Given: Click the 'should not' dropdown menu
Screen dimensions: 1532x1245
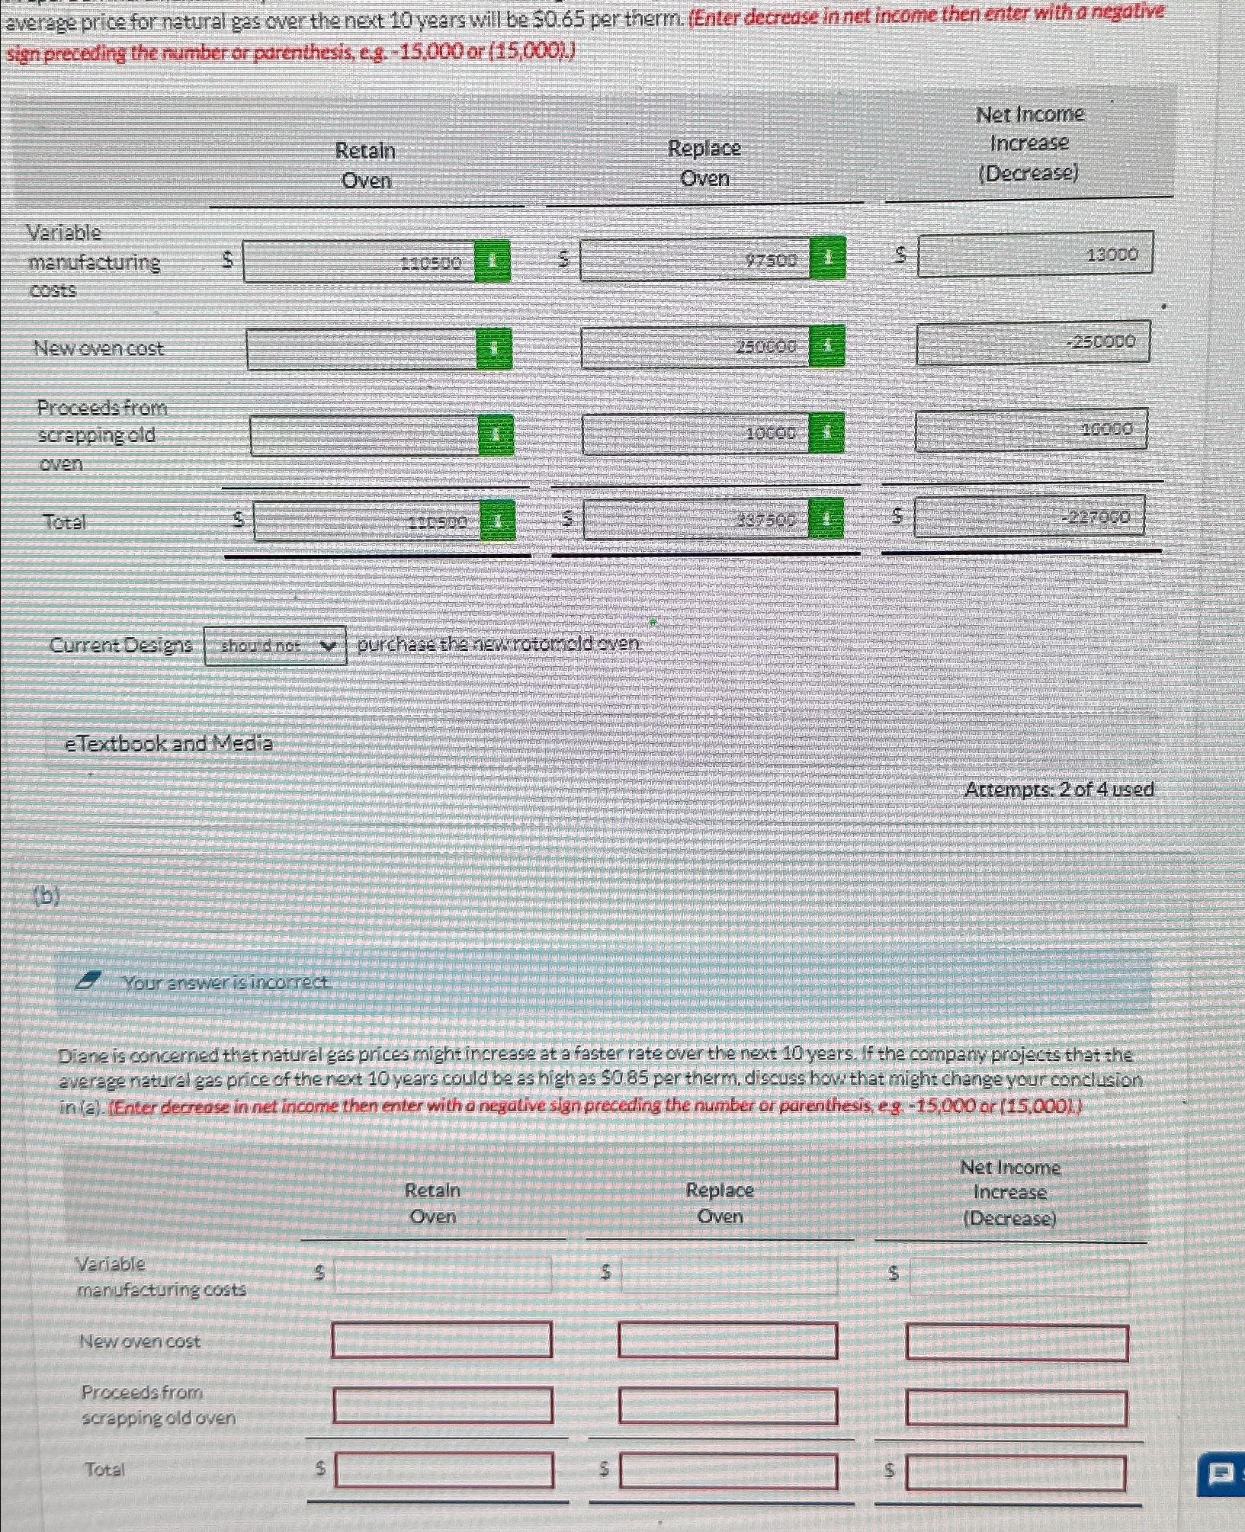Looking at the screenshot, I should (x=275, y=646).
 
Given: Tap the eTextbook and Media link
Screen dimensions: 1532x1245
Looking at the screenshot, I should (x=168, y=743).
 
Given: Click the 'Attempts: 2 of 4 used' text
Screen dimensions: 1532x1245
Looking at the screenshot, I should (x=1058, y=790).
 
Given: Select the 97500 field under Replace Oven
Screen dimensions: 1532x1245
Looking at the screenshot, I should (x=695, y=260).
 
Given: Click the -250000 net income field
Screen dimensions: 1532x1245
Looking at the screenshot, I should (x=1032, y=343).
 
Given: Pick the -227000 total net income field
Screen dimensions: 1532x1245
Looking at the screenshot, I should (x=1028, y=517).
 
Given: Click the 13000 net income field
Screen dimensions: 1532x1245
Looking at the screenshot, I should (x=1035, y=255).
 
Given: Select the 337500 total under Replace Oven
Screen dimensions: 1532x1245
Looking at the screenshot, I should (x=696, y=520).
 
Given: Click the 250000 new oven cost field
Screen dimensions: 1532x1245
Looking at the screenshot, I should (x=695, y=347).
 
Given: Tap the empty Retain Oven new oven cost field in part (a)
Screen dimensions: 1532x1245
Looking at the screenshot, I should (x=361, y=350).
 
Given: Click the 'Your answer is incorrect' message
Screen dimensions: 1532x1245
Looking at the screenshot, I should (x=226, y=982).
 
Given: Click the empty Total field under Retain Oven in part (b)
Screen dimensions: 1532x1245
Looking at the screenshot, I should (x=444, y=1470).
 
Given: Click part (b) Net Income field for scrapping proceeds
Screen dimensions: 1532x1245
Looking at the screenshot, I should (x=1016, y=1408).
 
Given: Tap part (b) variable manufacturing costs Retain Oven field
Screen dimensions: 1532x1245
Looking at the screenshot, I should (x=442, y=1274).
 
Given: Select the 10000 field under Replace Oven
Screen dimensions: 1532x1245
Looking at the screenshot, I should (x=695, y=434).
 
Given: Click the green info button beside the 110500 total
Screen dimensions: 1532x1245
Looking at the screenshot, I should (x=497, y=521).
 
